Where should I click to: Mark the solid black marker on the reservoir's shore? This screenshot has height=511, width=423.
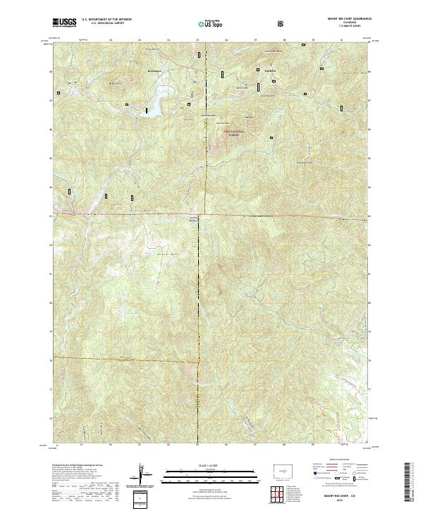tap(145, 110)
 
